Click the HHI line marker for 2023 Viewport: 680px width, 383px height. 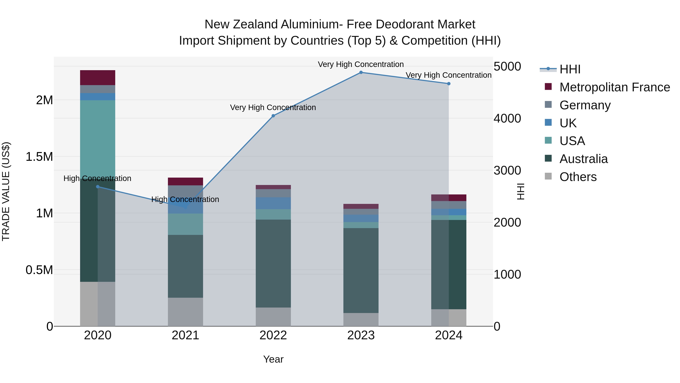361,72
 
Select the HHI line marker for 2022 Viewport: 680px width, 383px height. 273,116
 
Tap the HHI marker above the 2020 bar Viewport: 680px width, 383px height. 98,187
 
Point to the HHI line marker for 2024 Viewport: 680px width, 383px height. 449,84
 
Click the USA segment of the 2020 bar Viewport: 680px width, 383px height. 98,138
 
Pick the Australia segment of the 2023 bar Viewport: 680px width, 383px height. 361,270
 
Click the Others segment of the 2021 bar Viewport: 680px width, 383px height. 185,312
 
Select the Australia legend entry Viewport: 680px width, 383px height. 583,159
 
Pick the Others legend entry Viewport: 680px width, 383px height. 578,177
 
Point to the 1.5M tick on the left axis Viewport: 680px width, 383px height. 39,157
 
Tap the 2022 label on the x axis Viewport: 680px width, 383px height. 273,335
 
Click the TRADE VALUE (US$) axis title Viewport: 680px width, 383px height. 6,191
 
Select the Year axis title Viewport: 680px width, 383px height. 273,359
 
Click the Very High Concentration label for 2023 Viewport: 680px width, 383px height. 361,64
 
